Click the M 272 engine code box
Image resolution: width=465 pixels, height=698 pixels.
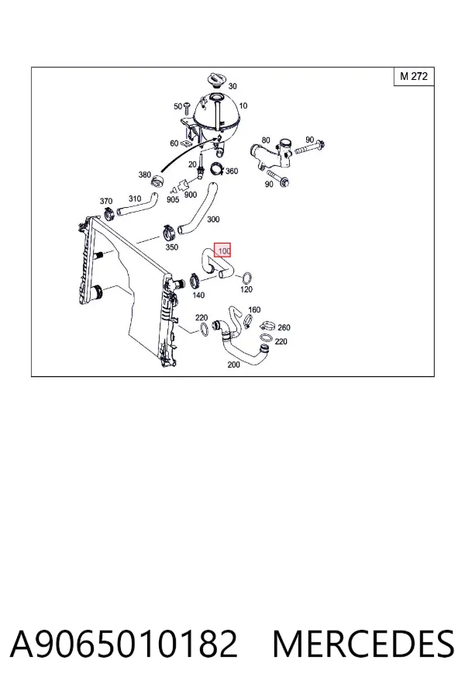[x=414, y=76]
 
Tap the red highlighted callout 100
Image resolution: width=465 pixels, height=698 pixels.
[x=222, y=251]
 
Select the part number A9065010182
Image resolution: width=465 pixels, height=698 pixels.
[x=124, y=644]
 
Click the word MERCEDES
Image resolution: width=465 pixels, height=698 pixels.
[x=363, y=644]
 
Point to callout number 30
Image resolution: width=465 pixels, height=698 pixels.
[x=232, y=86]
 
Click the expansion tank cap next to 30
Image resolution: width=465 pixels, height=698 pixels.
[x=216, y=81]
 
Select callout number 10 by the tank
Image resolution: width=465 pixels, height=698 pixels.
[x=243, y=106]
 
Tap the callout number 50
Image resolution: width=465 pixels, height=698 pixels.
[x=177, y=106]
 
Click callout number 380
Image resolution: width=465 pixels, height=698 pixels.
[x=145, y=175]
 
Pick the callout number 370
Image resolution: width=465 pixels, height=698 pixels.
[x=106, y=201]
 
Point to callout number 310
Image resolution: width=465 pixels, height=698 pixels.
[x=135, y=199]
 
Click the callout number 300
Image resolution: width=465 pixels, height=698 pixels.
[x=213, y=219]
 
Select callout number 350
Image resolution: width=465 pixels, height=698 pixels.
[x=172, y=247]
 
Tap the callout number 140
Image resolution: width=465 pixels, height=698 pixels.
[x=198, y=295]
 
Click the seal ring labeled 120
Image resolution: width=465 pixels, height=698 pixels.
[x=247, y=278]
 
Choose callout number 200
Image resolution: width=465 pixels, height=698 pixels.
[x=233, y=365]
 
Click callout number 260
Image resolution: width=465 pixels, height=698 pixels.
[x=284, y=327]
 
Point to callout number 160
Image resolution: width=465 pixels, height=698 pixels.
[x=254, y=309]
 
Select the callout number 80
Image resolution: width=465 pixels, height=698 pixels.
[x=266, y=140]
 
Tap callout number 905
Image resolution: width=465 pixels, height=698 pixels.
[x=173, y=199]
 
